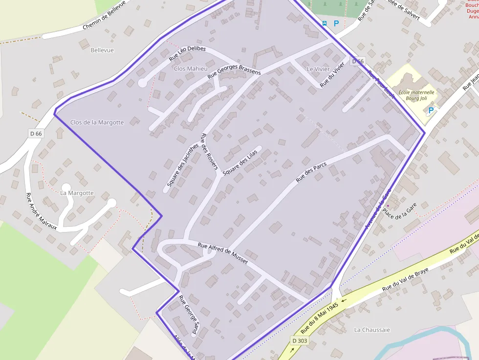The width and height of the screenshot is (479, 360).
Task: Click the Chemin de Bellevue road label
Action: coord(104,15)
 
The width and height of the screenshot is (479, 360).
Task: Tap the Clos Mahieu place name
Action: coord(191,69)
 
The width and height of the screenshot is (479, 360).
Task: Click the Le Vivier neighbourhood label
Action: coord(318,69)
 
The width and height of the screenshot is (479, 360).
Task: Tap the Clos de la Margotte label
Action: coord(97,122)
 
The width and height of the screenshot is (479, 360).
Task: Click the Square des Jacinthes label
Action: coord(182,165)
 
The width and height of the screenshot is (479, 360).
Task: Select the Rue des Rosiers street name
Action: coord(209,151)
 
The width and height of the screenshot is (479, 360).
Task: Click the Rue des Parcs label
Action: coord(311,172)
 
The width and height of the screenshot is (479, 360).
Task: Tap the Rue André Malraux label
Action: coord(41,211)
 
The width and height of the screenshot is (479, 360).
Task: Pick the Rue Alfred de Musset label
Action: coord(222,254)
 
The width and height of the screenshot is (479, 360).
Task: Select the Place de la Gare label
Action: coord(399,211)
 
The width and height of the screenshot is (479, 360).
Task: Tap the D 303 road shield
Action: coord(300,340)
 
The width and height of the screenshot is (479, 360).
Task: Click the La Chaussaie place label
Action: coord(371,330)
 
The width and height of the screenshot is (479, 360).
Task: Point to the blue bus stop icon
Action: coord(325,23)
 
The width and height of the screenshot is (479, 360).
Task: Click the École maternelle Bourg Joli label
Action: coord(416,95)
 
